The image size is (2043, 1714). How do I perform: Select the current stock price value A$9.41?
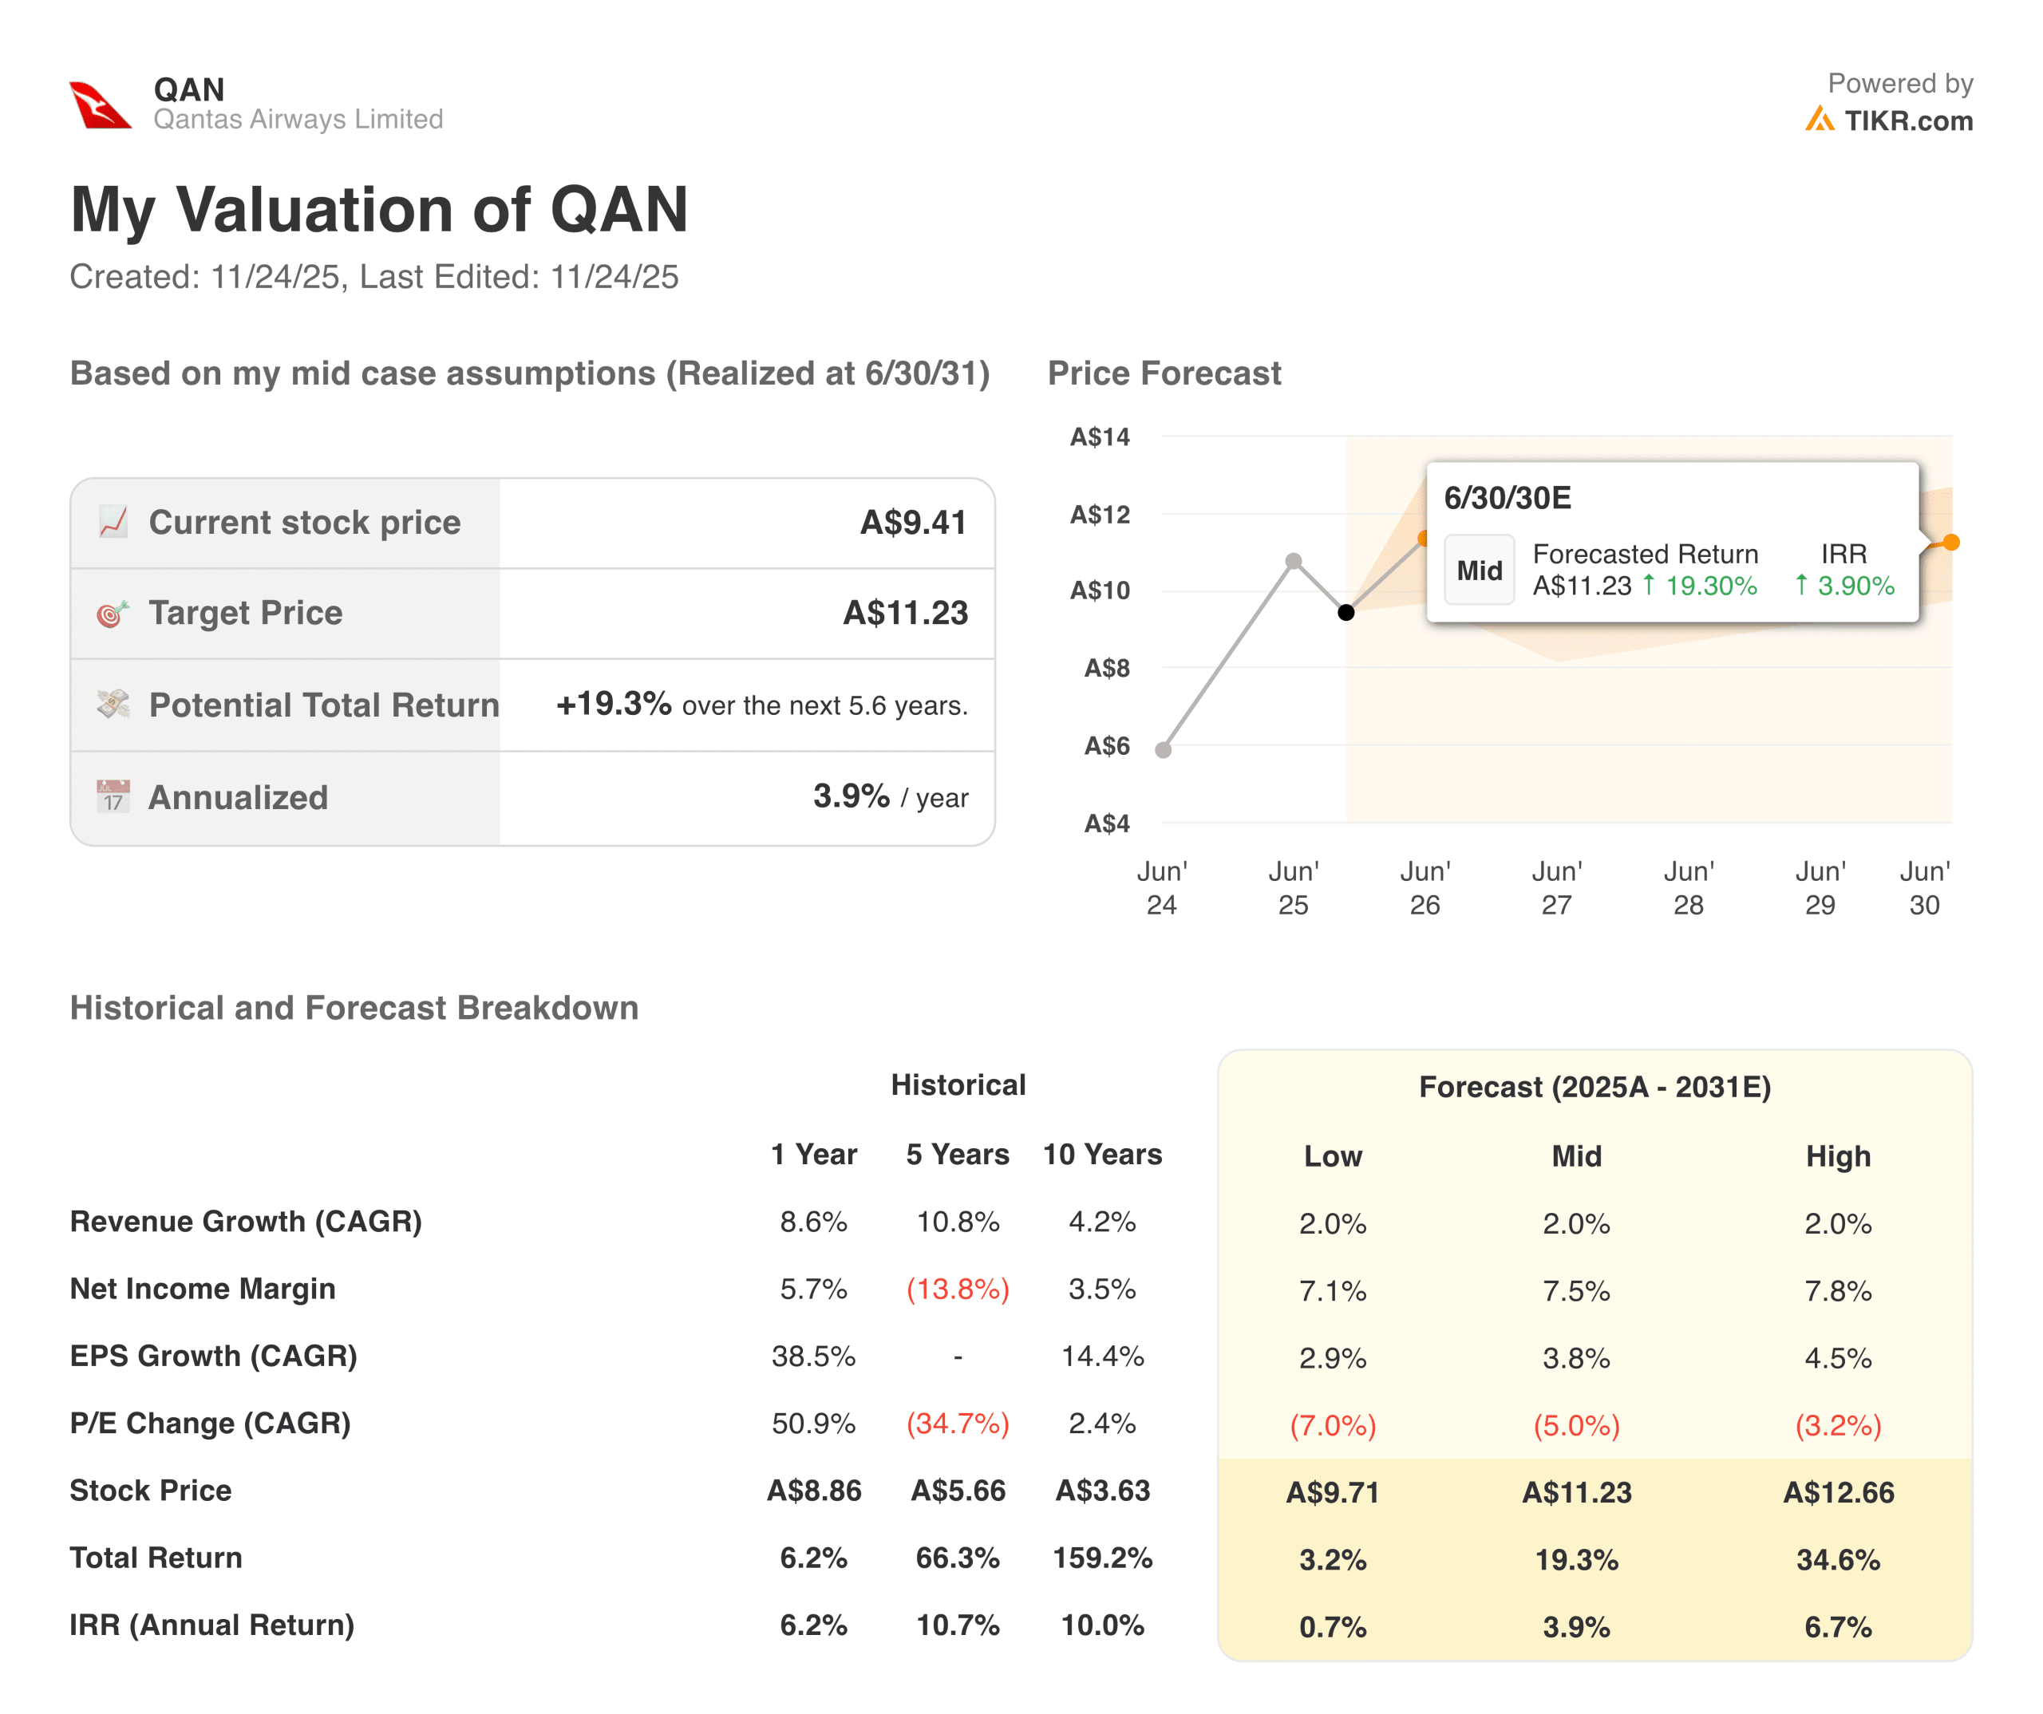coord(912,523)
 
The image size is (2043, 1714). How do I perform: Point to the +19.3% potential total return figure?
coord(613,703)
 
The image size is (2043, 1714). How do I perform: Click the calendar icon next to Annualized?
coord(113,796)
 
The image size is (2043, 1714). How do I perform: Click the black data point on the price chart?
coord(1346,612)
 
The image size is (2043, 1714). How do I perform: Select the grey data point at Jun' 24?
coord(1163,750)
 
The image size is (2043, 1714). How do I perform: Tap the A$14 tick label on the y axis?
coord(1100,436)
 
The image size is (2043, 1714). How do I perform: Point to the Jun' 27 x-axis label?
coord(1556,887)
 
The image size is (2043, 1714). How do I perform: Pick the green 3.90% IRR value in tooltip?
coord(1855,586)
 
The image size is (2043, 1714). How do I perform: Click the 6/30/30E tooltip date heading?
coord(1507,498)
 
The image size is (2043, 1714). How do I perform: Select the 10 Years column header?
coord(1102,1155)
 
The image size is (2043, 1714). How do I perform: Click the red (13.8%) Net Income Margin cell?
coord(958,1289)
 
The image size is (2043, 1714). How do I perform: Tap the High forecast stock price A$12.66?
coord(1838,1492)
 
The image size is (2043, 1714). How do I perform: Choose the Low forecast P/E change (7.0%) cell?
coord(1332,1425)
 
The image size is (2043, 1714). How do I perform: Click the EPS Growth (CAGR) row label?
coord(213,1356)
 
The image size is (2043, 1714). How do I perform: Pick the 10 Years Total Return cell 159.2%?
coord(1102,1558)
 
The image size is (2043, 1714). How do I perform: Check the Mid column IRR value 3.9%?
coord(1576,1626)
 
